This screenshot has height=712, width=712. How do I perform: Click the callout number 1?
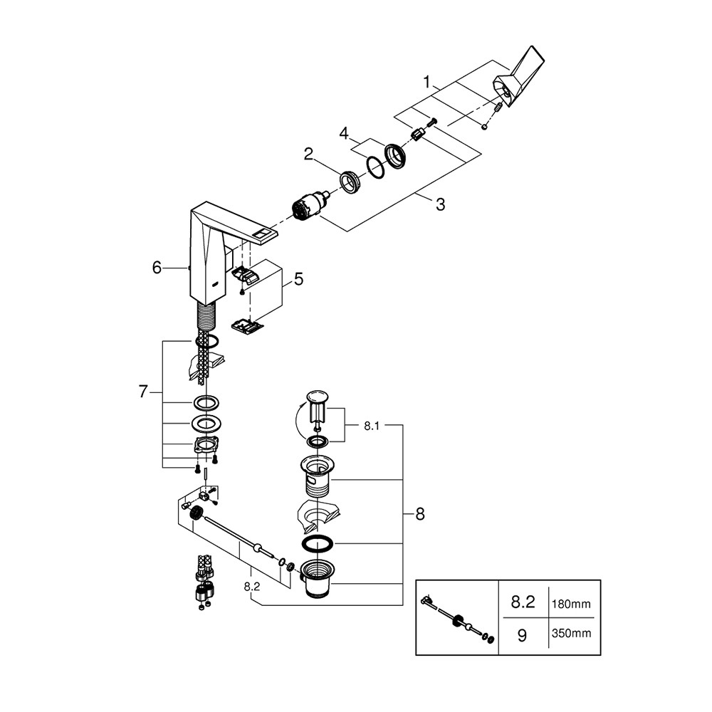coord(426,82)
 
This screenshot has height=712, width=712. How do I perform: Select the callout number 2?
coord(309,155)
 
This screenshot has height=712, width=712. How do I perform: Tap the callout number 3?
coord(440,205)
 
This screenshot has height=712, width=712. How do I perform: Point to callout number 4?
coord(344,134)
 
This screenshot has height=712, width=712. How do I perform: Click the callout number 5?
coord(298,279)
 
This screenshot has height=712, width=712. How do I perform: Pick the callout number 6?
coord(157,268)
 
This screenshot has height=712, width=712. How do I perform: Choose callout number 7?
coord(144,392)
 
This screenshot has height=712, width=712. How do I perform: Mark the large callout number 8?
coord(420,514)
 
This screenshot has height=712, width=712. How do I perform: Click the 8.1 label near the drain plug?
coord(372,426)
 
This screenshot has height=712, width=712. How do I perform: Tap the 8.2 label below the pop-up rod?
coord(252,587)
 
